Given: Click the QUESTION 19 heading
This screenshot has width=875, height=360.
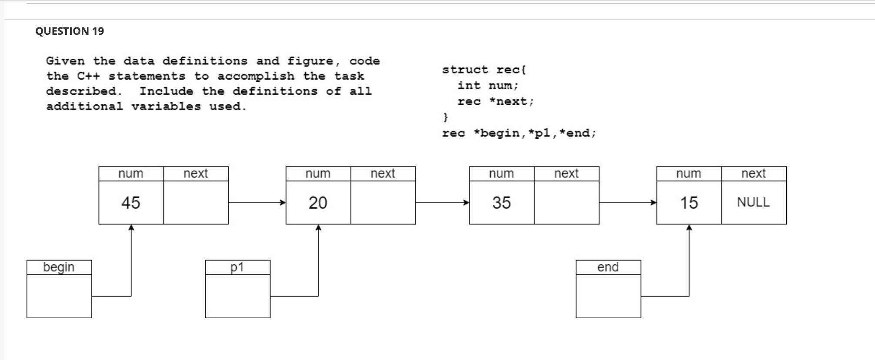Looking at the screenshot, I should (70, 31).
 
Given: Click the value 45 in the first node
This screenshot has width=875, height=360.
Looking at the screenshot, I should (130, 203).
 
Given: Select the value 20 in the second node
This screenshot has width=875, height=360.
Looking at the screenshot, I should (318, 203).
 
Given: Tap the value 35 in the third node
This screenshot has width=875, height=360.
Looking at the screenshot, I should (501, 203).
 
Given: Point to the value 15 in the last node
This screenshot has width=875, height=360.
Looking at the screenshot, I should (689, 203).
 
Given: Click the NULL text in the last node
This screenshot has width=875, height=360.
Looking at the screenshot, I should (753, 202).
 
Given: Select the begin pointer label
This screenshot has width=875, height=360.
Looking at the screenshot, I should (59, 267).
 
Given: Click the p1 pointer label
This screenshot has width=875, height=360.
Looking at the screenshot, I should (237, 267).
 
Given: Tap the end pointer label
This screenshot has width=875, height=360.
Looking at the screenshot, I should (608, 267).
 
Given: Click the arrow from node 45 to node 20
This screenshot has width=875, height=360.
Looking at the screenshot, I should (257, 202).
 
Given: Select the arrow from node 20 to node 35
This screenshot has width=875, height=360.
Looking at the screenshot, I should (442, 202).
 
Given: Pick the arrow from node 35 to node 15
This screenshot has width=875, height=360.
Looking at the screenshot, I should (627, 202).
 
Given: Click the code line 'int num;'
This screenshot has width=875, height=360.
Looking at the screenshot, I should (488, 86).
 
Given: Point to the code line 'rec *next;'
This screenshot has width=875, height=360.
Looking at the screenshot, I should (495, 102).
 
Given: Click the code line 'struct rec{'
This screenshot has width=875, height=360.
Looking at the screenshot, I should (484, 70).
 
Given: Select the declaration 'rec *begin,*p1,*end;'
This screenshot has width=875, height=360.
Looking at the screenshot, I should (519, 133).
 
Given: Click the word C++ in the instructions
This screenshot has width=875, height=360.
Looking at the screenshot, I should (88, 76).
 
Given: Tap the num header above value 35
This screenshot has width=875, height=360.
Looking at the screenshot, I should (501, 173).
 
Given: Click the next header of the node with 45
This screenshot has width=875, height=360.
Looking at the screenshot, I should (196, 173).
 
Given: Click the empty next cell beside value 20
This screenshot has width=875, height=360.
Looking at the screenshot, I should (383, 203).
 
